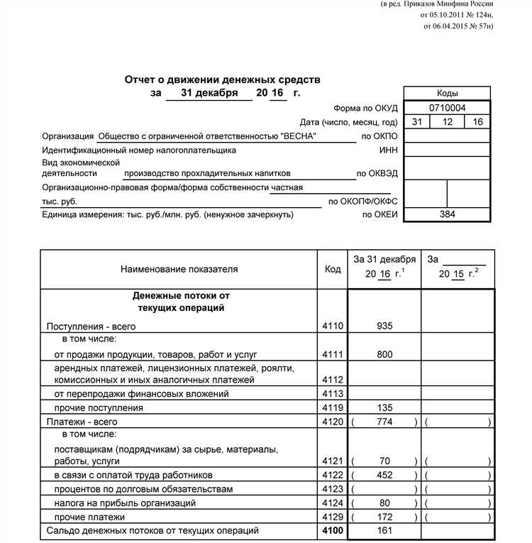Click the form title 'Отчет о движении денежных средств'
click(222, 80)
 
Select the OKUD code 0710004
click(447, 108)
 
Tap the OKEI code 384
click(447, 214)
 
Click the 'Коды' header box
click(447, 94)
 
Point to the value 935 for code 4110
click(384, 327)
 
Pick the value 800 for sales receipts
click(384, 354)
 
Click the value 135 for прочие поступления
click(384, 408)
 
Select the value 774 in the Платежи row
click(384, 422)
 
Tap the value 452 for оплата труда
click(384, 475)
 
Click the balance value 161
click(384, 530)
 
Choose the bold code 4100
click(332, 530)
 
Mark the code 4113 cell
click(332, 394)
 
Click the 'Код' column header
click(332, 270)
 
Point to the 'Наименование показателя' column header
click(179, 270)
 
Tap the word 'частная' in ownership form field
click(287, 187)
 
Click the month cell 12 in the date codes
click(447, 122)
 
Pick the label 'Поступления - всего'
click(91, 327)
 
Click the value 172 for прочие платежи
click(384, 517)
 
